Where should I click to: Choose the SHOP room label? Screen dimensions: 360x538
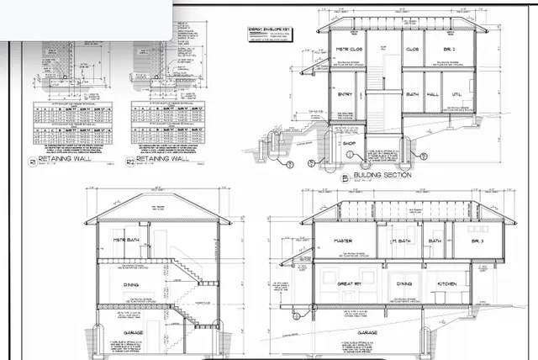344,143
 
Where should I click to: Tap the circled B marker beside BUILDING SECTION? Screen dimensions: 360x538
343,178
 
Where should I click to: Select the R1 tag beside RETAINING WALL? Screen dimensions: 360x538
31,159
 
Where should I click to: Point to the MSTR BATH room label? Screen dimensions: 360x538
126,241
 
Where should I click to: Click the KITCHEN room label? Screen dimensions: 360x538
446,283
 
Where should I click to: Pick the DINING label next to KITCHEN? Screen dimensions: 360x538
406,283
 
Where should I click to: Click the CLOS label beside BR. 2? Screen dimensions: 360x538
412,49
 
